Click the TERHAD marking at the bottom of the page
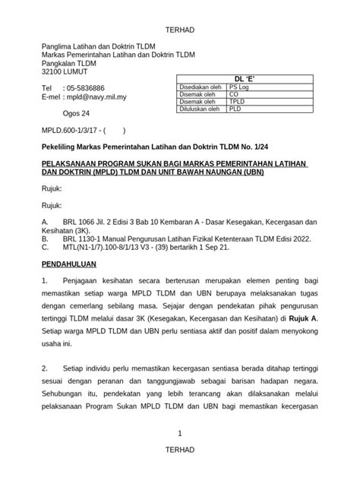[179, 450]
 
